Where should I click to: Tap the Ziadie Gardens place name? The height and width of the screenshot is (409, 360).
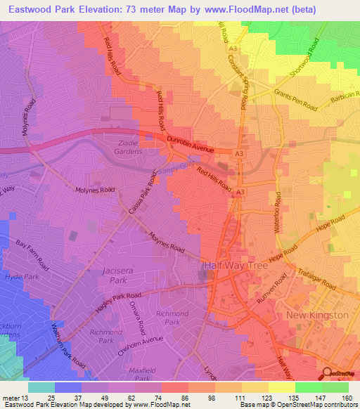click(x=127, y=146)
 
